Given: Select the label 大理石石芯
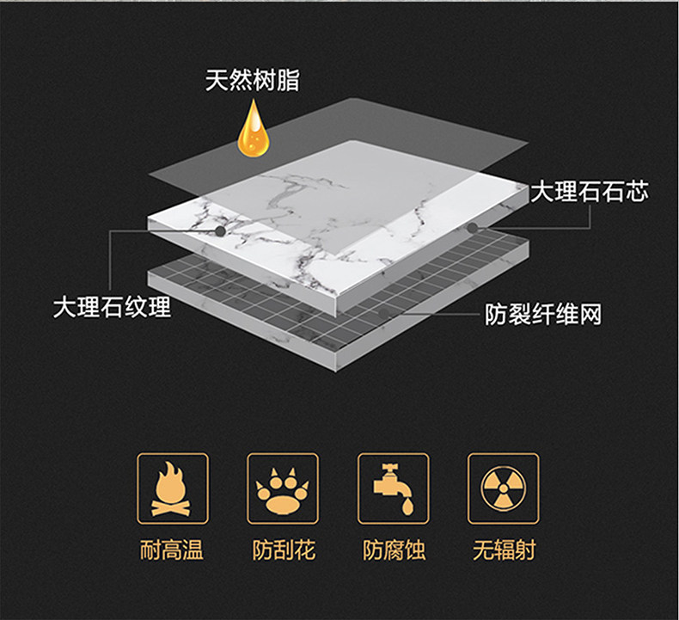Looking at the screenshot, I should point(589,192).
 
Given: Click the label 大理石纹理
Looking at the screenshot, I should point(112,307).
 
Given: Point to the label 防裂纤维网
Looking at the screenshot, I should point(543,315).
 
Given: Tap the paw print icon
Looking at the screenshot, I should point(283,488).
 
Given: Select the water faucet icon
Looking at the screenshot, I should point(393,488).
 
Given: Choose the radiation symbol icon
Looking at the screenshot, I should point(503,488).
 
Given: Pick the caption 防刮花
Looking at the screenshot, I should point(283,549).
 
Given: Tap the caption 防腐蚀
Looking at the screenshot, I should point(393,549).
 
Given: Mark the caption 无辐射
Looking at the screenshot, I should point(504,549).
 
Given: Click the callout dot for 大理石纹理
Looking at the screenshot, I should point(222,230).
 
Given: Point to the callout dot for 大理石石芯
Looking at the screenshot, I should point(474,227).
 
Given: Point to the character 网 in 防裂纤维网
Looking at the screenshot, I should point(590,315).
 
